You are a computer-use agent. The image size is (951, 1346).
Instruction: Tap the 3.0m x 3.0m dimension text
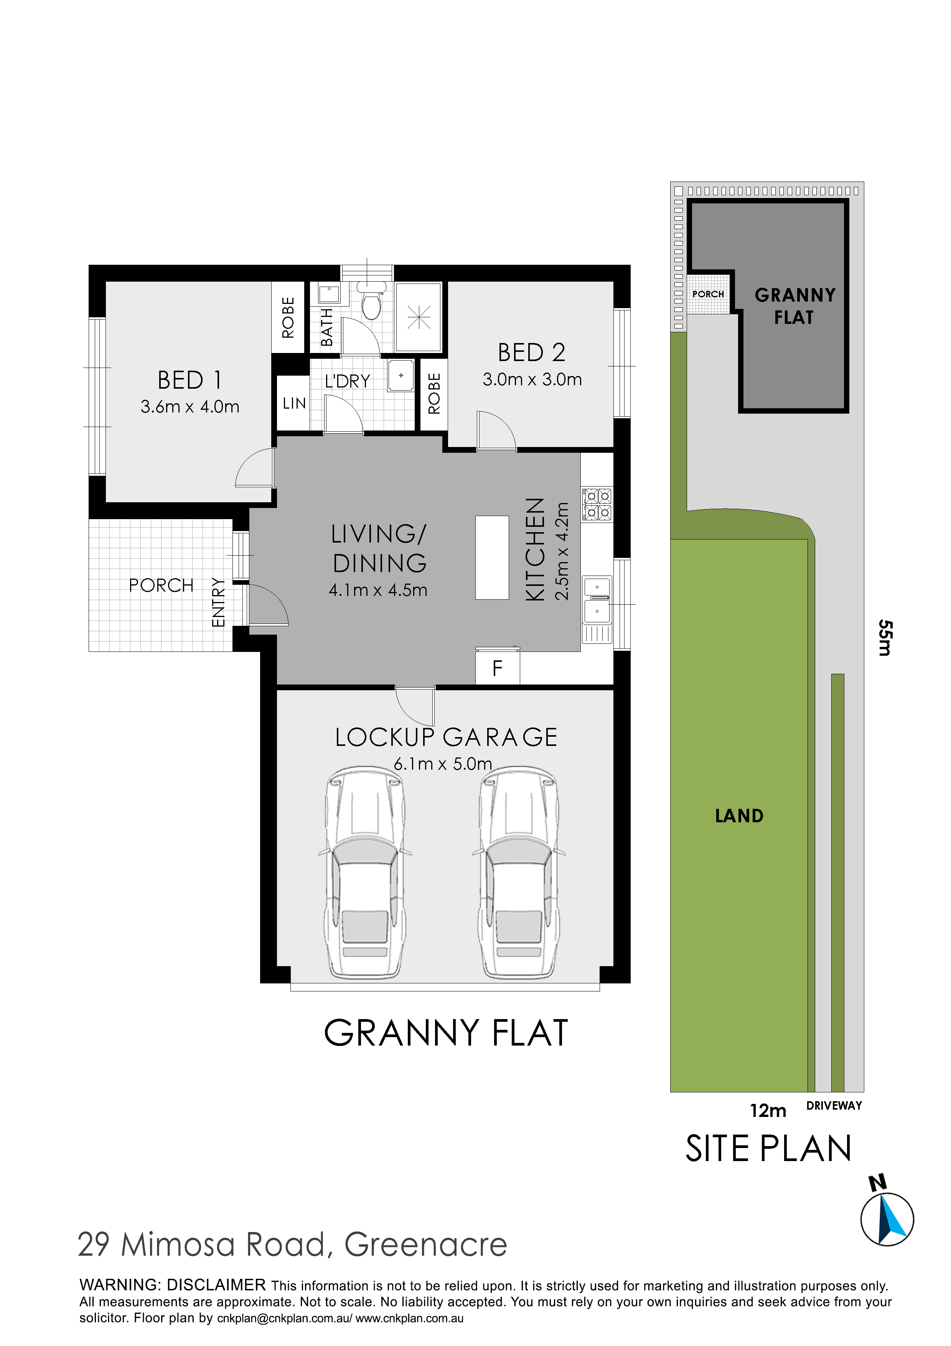click(532, 379)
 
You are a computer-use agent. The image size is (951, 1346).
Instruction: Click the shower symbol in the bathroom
click(419, 317)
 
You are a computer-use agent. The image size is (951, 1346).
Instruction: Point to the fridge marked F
click(498, 666)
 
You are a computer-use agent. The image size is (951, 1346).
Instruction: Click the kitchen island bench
click(492, 558)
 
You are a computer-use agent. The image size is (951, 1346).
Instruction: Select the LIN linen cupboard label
click(294, 403)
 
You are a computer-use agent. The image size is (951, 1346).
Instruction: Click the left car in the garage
click(364, 873)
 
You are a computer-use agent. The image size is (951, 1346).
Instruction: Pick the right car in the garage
click(519, 873)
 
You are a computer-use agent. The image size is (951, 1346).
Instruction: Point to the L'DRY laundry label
click(348, 381)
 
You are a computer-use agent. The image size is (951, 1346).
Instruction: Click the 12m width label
click(768, 1110)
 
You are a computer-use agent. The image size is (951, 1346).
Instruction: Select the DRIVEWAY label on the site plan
click(834, 1106)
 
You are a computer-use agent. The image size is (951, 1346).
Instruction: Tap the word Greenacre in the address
click(425, 1245)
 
